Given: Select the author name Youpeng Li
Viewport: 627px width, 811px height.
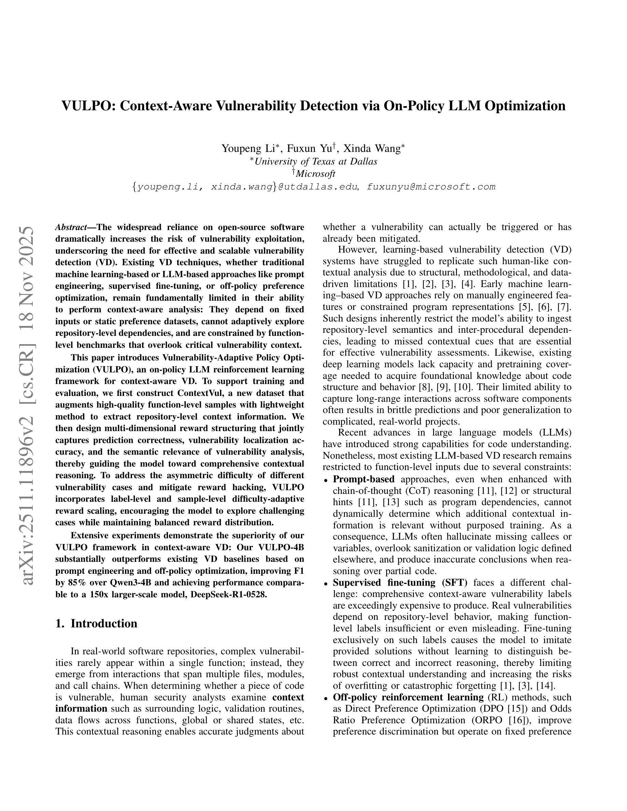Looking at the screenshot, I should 248,148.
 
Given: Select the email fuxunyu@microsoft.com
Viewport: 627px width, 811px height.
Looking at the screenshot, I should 431,187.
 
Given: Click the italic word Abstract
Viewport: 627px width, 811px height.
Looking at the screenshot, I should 71,227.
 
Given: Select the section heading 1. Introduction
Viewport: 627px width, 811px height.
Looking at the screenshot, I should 96,624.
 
